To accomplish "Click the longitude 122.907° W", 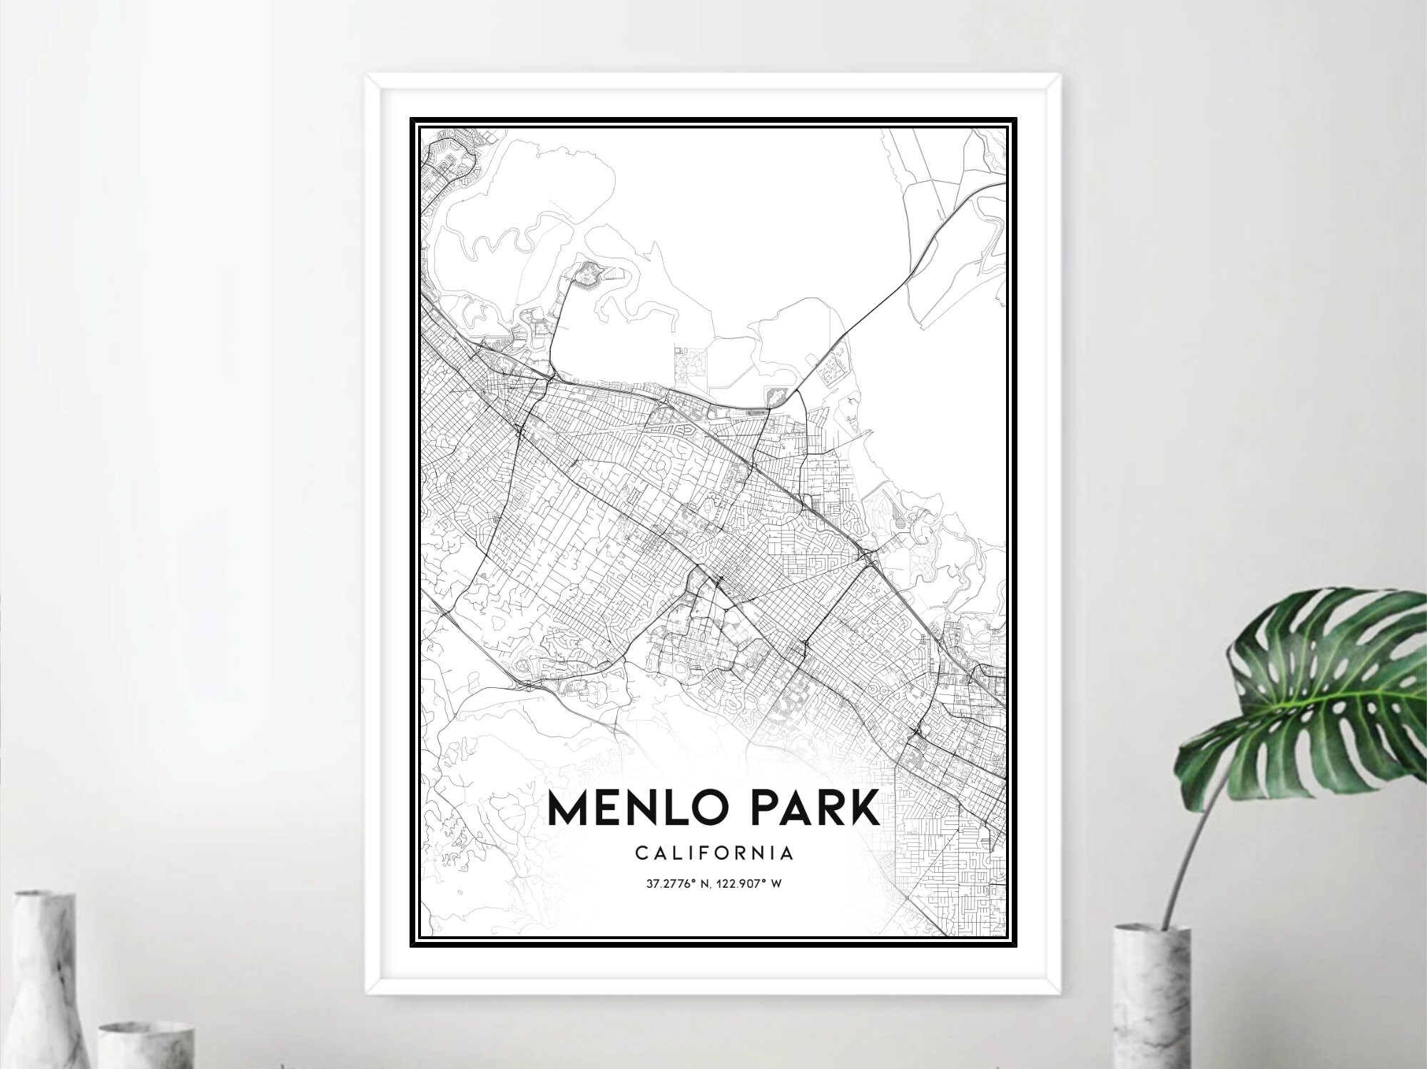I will coord(753,884).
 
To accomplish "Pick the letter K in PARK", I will coord(860,810).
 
